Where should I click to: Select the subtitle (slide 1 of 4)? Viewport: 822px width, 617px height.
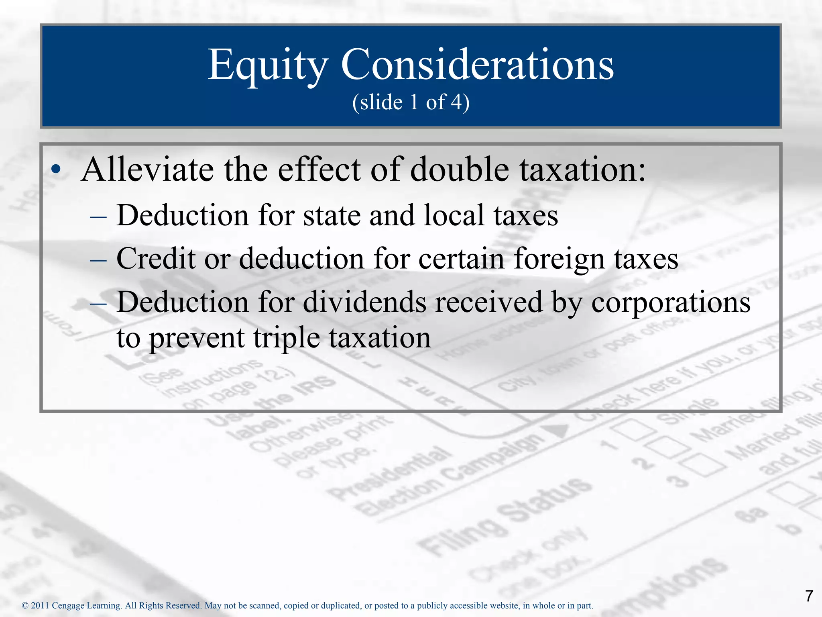point(411,102)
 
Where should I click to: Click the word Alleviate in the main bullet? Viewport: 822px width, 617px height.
point(147,170)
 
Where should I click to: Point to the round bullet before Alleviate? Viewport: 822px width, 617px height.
point(57,170)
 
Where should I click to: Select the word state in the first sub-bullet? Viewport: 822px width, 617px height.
point(332,216)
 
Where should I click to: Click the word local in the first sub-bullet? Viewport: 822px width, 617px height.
point(454,216)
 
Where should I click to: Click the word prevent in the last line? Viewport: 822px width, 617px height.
point(197,338)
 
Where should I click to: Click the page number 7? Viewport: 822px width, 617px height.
point(809,596)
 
